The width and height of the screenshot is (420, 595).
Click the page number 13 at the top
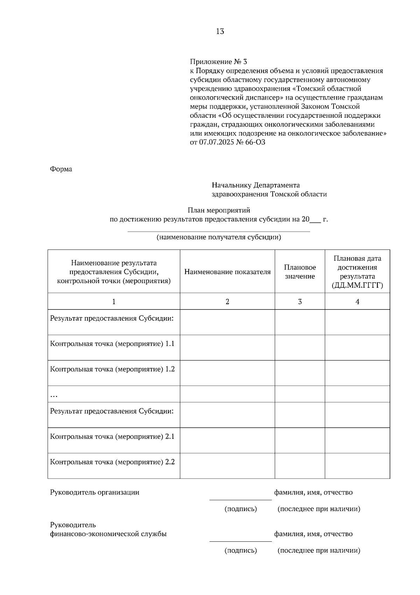point(220,32)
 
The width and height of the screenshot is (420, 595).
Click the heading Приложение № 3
point(218,62)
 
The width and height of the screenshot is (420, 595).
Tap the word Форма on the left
point(61,169)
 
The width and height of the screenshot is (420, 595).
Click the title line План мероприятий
point(219,211)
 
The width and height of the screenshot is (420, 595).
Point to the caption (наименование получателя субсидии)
point(219,237)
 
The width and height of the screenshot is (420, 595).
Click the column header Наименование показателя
point(227,272)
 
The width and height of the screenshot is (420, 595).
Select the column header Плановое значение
point(300,272)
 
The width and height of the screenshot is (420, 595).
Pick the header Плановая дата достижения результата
point(357,272)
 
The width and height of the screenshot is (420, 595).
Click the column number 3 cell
point(300,302)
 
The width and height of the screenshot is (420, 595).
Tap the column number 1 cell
point(113,302)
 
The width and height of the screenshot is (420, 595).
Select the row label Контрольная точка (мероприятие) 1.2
point(112,369)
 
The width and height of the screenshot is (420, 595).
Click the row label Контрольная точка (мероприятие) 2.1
point(112,437)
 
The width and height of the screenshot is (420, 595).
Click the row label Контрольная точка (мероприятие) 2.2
point(112,462)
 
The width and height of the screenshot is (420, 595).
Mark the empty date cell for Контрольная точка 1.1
point(357,348)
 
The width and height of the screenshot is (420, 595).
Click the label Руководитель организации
point(94,492)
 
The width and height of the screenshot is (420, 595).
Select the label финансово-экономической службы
point(108,534)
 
